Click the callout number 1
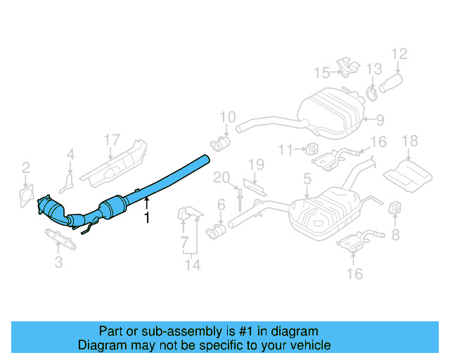147,218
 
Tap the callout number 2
26,167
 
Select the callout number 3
58,262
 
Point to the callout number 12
399,53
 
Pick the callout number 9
380,119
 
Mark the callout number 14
193,264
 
